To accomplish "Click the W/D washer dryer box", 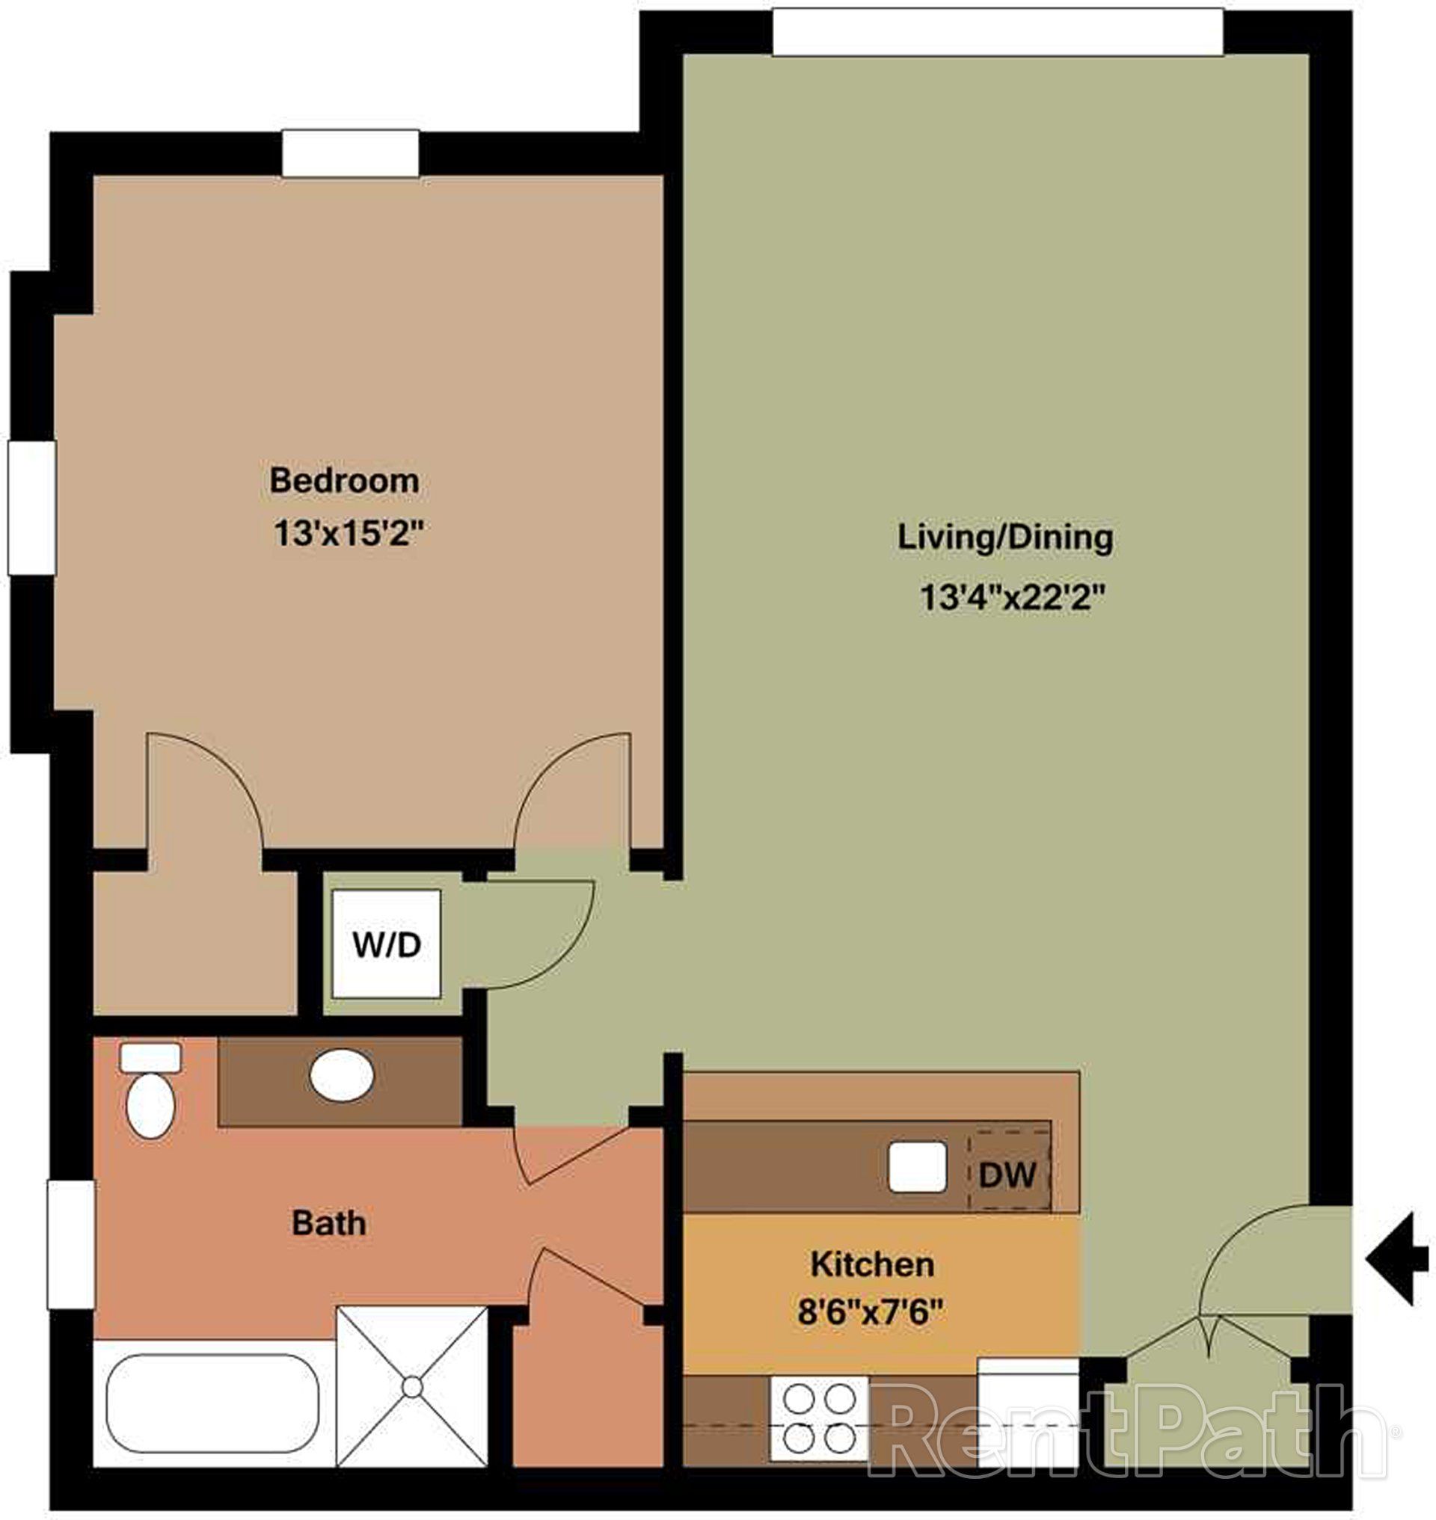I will pos(386,944).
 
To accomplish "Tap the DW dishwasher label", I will pos(1007,1175).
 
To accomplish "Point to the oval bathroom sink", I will pos(341,1075).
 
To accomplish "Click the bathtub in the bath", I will pos(213,1403).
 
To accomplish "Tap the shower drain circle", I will pos(413,1387).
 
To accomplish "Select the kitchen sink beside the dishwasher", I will pos(917,1166).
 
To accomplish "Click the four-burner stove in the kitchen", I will pos(820,1418).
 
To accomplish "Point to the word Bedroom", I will pos(344,481).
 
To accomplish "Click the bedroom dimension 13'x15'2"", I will pos(349,533).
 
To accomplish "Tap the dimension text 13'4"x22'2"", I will pos(1013,597).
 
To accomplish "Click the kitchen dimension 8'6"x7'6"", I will pos(870,1313).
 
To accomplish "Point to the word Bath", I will pos(328,1223).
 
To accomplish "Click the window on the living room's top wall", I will pos(998,32).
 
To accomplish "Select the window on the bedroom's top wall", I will pos(351,154).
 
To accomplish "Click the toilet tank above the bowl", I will pos(151,1058).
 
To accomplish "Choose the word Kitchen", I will pos(872,1264).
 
